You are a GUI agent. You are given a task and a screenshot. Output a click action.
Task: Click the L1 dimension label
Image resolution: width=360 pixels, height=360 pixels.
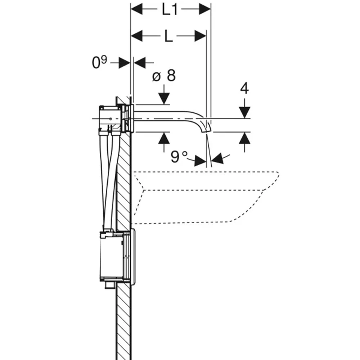click(170, 10)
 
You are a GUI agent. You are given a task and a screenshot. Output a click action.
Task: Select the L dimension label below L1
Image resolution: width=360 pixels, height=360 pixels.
click(168, 36)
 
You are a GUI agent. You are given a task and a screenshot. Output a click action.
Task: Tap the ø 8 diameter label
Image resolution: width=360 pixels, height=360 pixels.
click(164, 75)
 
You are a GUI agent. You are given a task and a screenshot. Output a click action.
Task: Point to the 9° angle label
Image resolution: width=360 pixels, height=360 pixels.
click(179, 157)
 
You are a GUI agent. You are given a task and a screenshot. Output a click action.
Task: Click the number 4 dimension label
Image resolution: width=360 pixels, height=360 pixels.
click(244, 88)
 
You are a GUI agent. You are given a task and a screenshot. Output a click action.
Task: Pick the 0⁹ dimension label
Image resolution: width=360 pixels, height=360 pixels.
click(99, 62)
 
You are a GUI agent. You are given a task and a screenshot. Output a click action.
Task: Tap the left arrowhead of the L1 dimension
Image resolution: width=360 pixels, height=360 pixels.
click(136, 10)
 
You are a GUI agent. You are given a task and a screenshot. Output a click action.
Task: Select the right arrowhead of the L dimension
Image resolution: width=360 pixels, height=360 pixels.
click(201, 36)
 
